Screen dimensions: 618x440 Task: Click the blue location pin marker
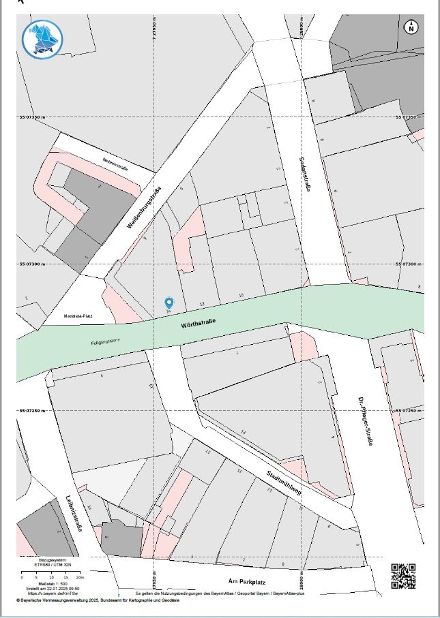click(169, 303)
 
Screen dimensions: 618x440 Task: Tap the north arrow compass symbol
click(411, 27)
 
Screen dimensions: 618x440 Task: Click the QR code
click(403, 576)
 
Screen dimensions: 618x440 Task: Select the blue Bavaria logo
click(42, 39)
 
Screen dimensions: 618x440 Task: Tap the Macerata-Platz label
click(78, 316)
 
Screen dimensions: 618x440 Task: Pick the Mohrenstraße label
click(116, 163)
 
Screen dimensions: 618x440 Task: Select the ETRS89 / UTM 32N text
click(58, 563)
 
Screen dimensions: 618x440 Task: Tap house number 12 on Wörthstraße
click(202, 303)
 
